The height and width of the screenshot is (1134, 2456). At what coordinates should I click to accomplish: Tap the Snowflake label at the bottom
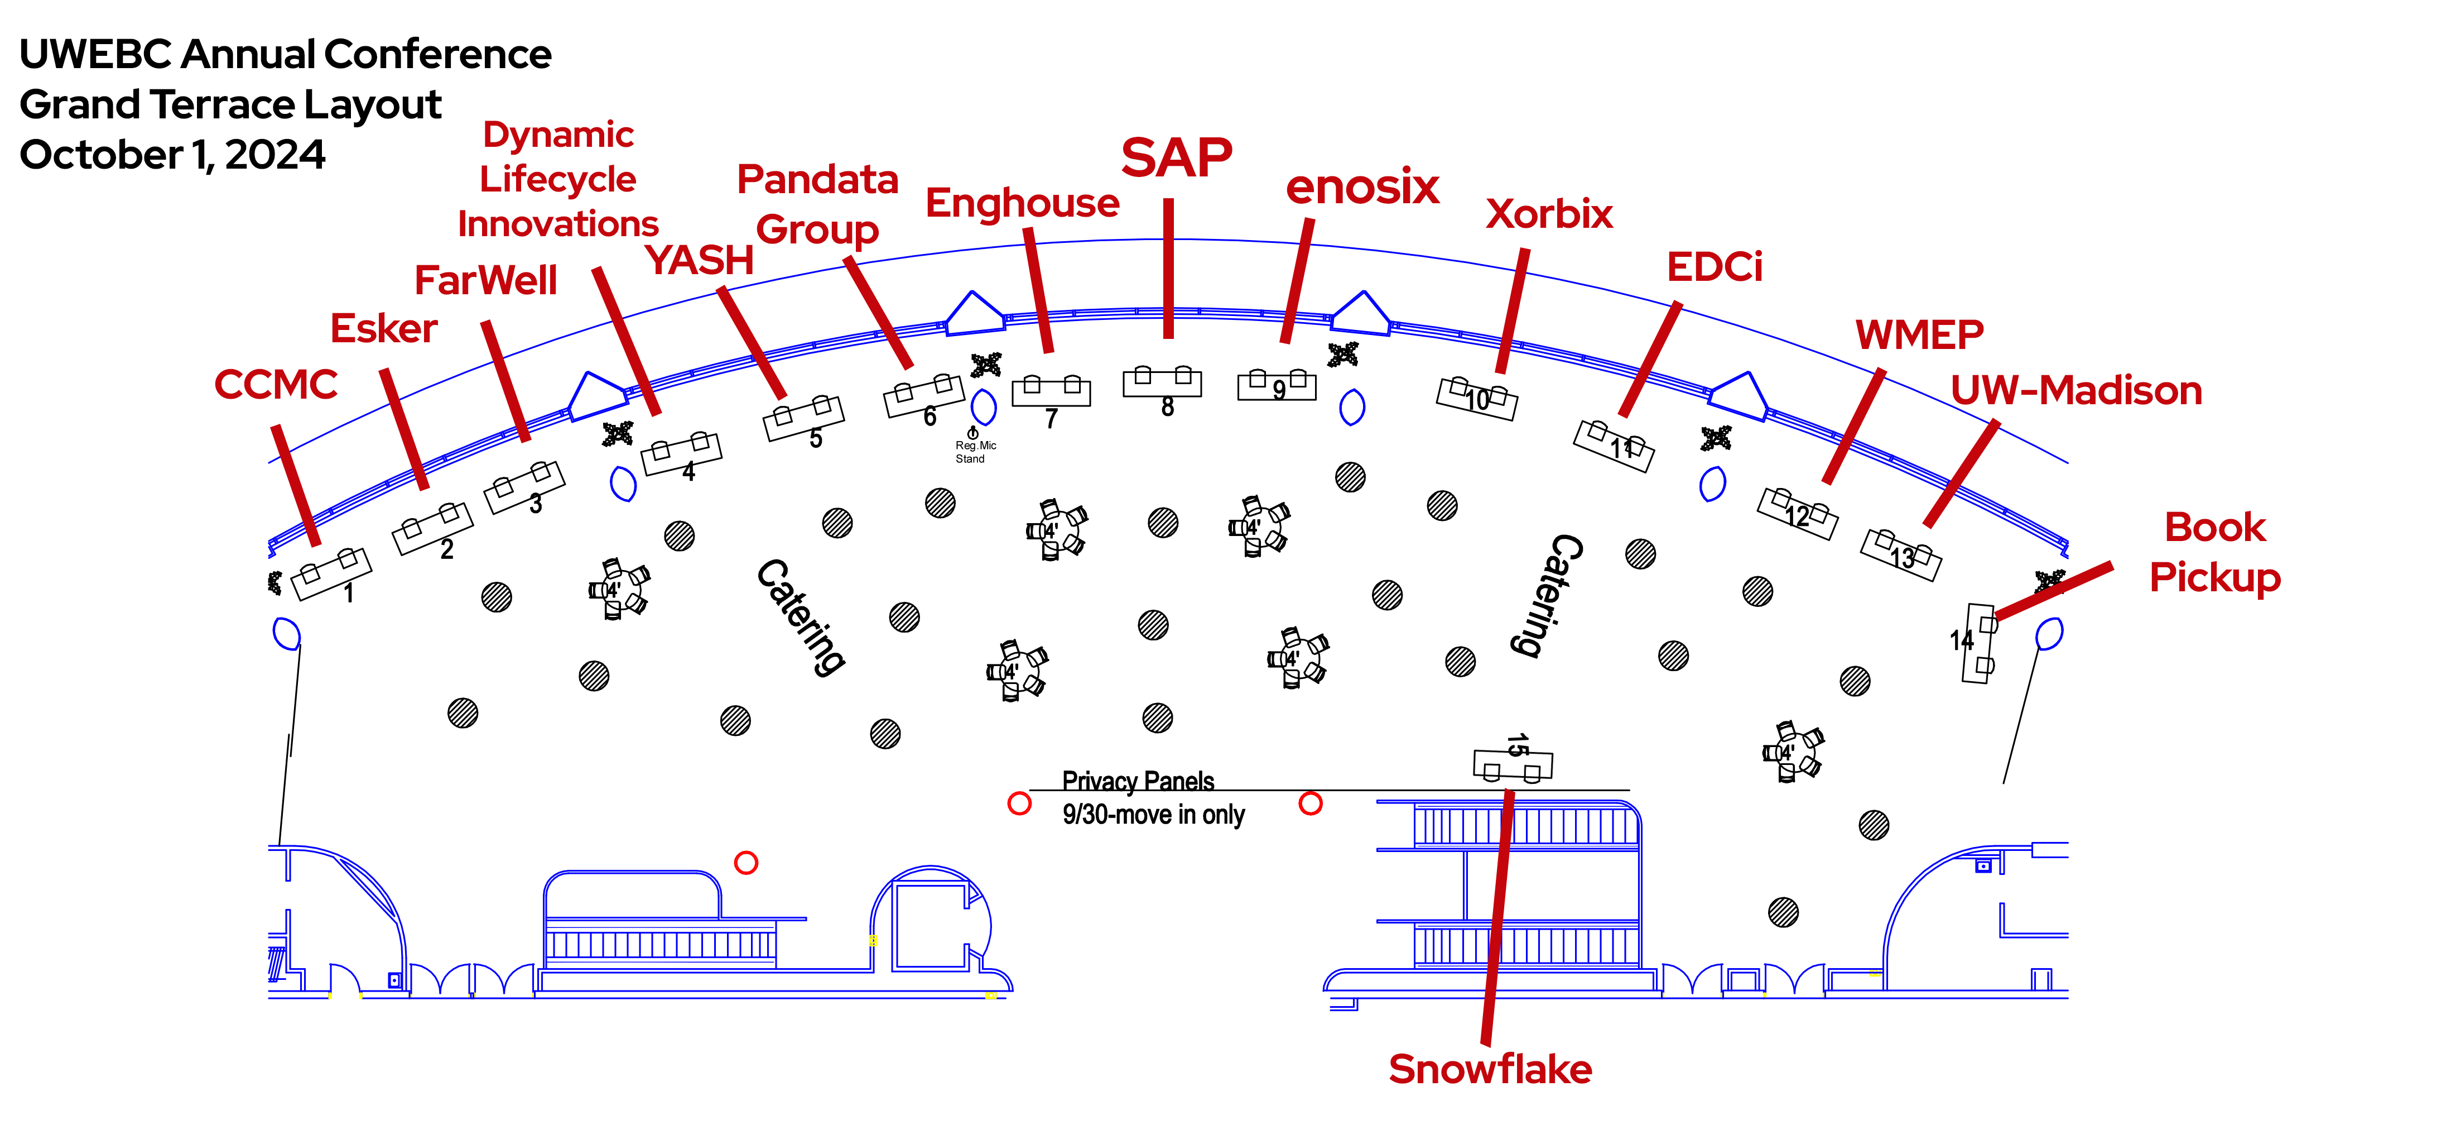1489,1069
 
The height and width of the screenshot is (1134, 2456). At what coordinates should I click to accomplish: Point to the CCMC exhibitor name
276,384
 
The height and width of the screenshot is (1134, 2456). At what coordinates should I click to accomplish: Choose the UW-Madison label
2075,391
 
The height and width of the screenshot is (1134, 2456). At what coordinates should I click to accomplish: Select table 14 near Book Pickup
1978,643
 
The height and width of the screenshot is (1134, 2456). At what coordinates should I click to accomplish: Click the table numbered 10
1477,398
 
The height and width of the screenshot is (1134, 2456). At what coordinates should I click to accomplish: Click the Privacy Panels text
1138,781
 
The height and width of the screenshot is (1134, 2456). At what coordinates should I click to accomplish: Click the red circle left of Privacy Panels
1019,803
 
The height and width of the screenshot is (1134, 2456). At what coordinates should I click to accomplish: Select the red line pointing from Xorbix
1513,310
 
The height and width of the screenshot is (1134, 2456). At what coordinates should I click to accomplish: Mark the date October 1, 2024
172,155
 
